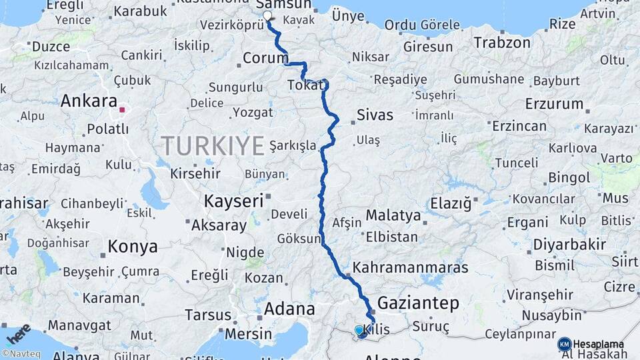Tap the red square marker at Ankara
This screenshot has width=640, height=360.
pyautogui.click(x=123, y=109)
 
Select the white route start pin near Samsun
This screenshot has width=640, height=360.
pyautogui.click(x=267, y=17)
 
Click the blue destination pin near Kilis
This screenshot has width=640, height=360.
pyautogui.click(x=359, y=330)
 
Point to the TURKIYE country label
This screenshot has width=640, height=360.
pyautogui.click(x=213, y=145)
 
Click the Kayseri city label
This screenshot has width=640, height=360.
pyautogui.click(x=233, y=200)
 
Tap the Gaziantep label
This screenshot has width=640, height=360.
pyautogui.click(x=418, y=304)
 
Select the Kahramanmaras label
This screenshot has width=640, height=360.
pyautogui.click(x=410, y=268)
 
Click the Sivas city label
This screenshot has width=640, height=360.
pyautogui.click(x=375, y=115)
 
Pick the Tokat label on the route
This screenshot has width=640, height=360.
pyautogui.click(x=305, y=85)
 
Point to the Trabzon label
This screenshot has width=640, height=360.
pyautogui.click(x=502, y=43)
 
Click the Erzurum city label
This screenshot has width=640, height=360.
pyautogui.click(x=553, y=104)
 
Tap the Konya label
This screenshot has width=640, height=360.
pyautogui.click(x=133, y=247)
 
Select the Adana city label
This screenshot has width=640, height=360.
pyautogui.click(x=289, y=309)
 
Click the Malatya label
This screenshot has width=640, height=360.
pyautogui.click(x=393, y=216)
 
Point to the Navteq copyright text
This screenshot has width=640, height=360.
pyautogui.click(x=20, y=354)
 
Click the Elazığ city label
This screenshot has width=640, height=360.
pyautogui.click(x=451, y=201)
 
